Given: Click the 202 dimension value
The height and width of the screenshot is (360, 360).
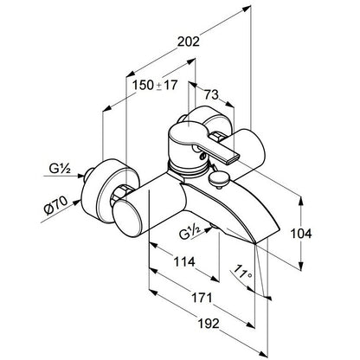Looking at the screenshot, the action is (x=188, y=42).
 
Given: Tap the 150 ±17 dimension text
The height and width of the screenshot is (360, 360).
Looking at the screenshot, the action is (x=155, y=85).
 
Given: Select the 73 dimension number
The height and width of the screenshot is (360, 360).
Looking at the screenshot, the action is (x=211, y=94).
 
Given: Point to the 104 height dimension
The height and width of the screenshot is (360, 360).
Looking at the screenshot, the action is (x=300, y=234).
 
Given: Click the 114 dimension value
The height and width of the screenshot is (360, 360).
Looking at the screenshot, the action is (x=184, y=262).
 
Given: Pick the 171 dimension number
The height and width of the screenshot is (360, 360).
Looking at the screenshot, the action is (x=202, y=298).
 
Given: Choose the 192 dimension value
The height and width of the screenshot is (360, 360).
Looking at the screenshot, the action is (x=209, y=324).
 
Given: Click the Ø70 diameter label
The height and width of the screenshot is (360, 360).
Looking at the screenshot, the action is (x=55, y=205).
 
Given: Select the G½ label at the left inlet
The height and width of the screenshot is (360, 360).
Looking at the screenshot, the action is (x=60, y=169).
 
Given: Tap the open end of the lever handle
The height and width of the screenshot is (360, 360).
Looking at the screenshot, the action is (x=234, y=158).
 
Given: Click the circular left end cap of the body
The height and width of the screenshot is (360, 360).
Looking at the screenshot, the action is (x=127, y=219).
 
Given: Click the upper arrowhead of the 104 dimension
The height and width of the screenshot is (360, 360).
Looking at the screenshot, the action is (x=301, y=201).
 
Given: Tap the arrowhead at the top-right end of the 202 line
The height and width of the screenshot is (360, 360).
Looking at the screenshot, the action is (x=246, y=9).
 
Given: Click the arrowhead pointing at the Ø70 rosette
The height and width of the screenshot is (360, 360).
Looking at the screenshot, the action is (x=76, y=202).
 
